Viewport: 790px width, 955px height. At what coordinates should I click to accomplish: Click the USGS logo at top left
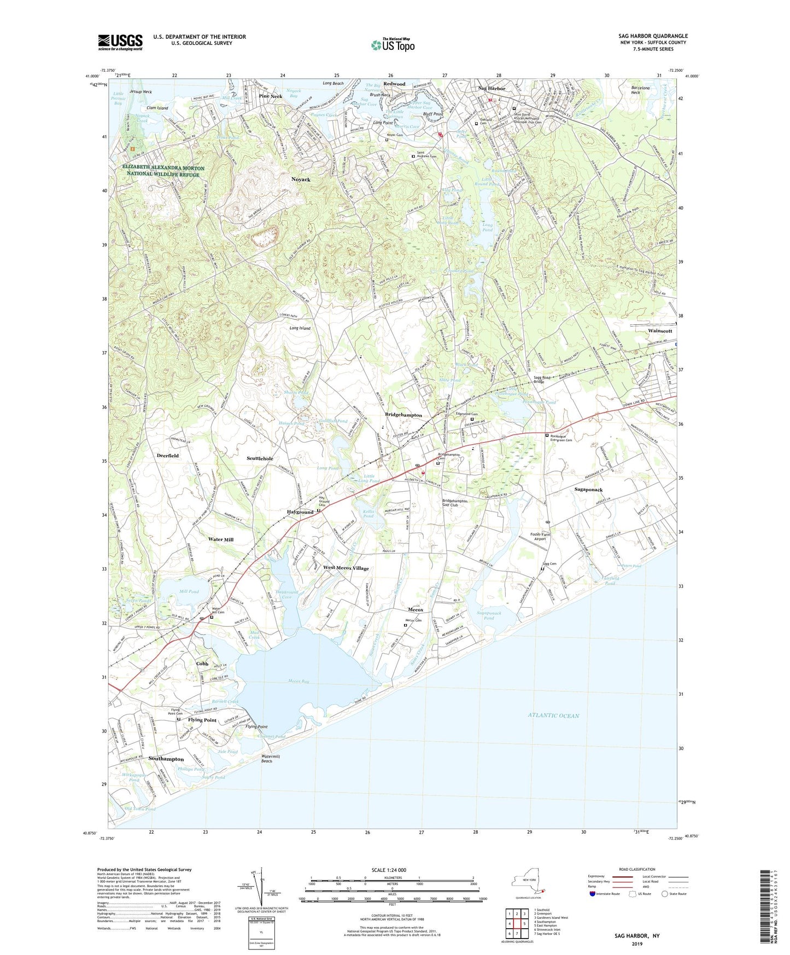(x=120, y=42)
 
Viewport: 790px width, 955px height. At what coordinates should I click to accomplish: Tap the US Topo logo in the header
(x=393, y=45)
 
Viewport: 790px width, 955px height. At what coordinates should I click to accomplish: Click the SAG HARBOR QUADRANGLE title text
(x=653, y=36)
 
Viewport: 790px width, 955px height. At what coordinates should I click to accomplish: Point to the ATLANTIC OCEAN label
(x=553, y=715)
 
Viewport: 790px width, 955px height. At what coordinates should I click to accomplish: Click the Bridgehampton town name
(x=403, y=415)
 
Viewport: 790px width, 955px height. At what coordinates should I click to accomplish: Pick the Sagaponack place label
(x=589, y=490)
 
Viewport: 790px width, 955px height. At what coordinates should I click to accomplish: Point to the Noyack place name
(x=301, y=179)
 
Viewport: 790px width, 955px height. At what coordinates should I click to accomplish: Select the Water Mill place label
(x=221, y=539)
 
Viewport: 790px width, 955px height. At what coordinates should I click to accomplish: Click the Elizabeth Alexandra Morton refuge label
(x=163, y=171)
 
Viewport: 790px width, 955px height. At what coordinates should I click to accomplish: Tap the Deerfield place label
(x=168, y=456)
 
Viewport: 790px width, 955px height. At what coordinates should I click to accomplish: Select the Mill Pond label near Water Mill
(x=189, y=592)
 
